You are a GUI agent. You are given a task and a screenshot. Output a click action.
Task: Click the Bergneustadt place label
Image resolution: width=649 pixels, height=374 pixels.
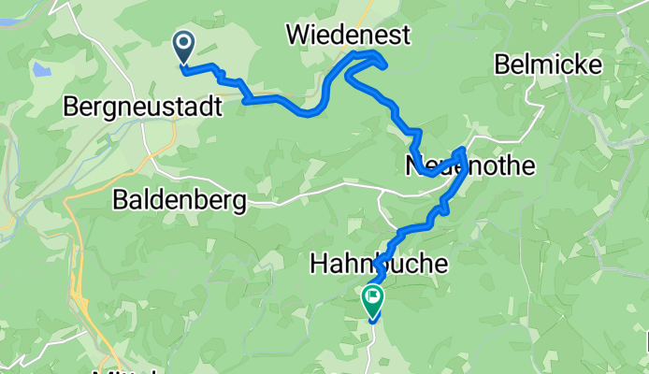(143, 107)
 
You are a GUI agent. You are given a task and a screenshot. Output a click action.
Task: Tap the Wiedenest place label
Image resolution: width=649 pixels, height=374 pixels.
(348, 36)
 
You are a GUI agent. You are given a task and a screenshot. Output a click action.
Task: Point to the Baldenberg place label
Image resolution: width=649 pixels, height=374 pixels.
(179, 199)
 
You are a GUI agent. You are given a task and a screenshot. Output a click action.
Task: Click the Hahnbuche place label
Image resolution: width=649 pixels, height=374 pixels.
(377, 266)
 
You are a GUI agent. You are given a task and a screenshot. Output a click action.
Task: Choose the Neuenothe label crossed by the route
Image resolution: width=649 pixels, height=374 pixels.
(469, 166)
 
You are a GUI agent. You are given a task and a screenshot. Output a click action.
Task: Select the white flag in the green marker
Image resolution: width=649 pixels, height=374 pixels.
(372, 298)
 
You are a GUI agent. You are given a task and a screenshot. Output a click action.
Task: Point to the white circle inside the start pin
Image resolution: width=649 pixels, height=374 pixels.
(182, 41)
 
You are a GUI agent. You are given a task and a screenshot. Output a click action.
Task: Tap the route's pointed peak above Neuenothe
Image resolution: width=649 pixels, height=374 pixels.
(462, 149)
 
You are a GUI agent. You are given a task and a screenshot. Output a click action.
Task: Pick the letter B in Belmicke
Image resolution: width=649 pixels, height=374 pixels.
(501, 65)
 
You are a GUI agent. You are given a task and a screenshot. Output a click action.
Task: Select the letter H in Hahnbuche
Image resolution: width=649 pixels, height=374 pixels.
(317, 266)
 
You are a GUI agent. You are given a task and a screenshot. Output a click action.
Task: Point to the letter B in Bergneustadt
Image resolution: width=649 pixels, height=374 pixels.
(71, 107)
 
